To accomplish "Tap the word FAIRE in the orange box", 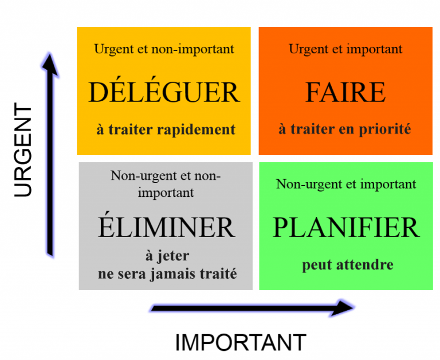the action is click(345, 92).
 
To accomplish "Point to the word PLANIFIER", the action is click(346, 227).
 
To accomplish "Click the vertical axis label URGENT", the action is click(23, 150).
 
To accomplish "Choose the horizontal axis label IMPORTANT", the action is click(241, 342).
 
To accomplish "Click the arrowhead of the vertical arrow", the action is click(50, 65).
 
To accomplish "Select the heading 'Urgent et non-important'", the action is click(164, 49).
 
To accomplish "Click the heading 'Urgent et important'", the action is click(345, 49).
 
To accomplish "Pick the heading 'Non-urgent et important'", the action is click(346, 184).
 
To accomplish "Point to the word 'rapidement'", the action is click(196, 130).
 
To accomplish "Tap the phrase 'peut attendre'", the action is click(348, 265).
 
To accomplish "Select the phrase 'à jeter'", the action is click(167, 256).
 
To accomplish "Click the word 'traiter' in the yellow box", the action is click(131, 130).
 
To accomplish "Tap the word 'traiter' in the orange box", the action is click(313, 129).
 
